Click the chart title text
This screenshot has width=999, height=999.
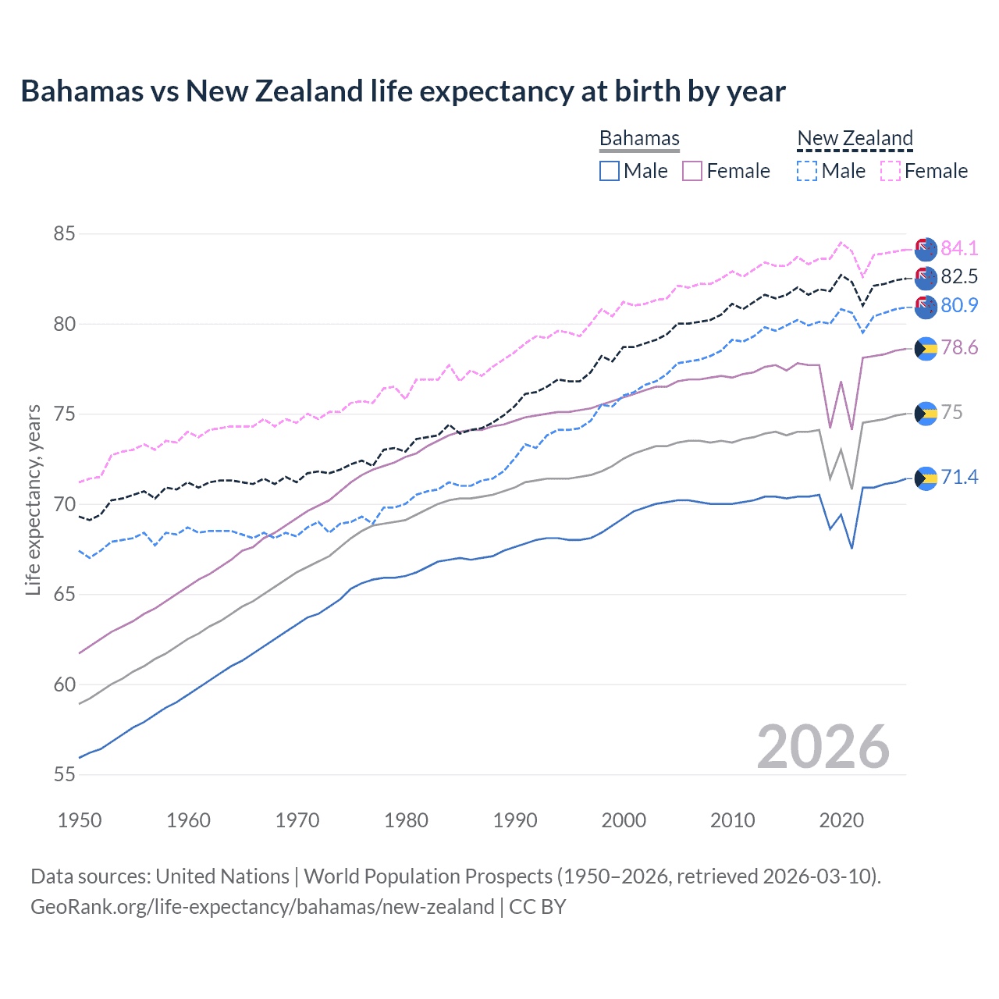coord(403,91)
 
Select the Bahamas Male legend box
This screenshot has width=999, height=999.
coord(610,171)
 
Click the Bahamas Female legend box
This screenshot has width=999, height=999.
coord(692,171)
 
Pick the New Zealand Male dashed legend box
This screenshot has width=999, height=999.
coord(807,171)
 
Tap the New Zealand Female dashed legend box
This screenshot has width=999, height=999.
coord(891,171)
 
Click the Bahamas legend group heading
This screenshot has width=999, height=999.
coord(639,138)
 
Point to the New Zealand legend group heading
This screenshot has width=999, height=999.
coord(855,138)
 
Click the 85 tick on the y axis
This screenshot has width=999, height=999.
coord(65,234)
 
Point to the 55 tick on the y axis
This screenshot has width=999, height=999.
coord(65,775)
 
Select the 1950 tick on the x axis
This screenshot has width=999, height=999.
coord(80,820)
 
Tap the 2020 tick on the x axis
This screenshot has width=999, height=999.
coord(841,820)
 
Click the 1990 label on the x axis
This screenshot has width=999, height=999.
coord(515,820)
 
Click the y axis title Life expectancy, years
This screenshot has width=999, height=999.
coord(34,499)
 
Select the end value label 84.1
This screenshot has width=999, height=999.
coord(959,248)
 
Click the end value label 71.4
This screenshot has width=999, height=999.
coord(959,477)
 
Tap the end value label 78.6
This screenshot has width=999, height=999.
coord(959,347)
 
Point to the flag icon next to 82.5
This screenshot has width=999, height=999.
coord(926,277)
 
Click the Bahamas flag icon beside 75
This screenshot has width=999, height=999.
coord(926,414)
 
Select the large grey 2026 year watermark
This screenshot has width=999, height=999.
coord(823,747)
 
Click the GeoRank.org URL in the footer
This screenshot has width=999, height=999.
coord(262,907)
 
